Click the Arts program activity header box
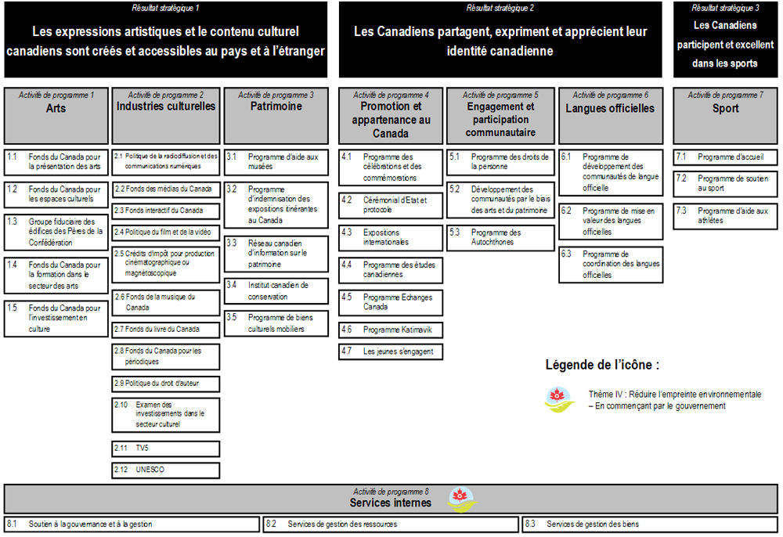tap(56, 114)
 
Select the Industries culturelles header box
tap(166, 114)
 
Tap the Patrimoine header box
tap(276, 114)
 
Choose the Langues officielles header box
tap(610, 114)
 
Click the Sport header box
tap(725, 114)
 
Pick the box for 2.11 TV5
tap(166, 449)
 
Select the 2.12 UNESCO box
tap(166, 470)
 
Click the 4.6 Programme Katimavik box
tap(391, 330)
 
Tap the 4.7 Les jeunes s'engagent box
tap(391, 351)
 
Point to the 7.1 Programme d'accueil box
tap(725, 157)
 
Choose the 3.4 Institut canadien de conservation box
tap(276, 290)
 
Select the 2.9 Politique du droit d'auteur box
tap(166, 384)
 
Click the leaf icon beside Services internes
tap(461, 499)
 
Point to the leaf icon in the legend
tap(559, 398)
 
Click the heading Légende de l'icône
tap(602, 365)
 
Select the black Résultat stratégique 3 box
tap(725, 39)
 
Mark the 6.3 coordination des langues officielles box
tap(610, 265)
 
